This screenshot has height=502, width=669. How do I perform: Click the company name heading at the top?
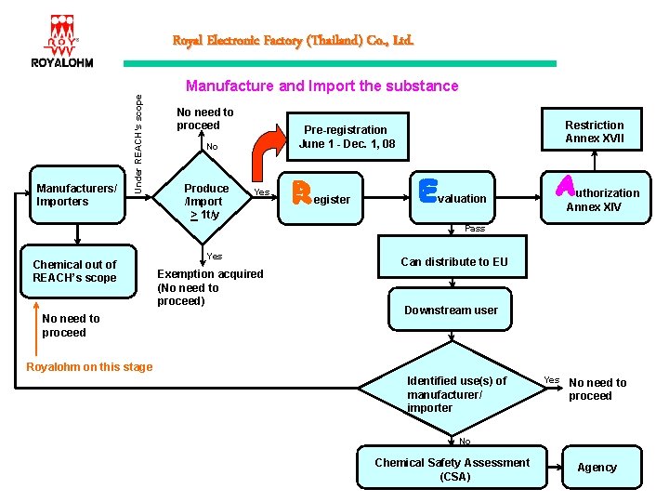tap(293, 41)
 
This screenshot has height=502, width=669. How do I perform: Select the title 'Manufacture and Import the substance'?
tap(321, 86)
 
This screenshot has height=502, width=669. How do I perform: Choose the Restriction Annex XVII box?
tap(595, 132)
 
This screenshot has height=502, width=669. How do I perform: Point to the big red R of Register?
tap(301, 192)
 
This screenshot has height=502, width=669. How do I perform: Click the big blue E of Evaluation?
tap(428, 192)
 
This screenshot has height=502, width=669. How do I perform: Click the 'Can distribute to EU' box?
tap(453, 261)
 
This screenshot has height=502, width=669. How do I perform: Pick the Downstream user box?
tap(451, 310)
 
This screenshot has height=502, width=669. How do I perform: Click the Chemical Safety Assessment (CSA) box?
tap(452, 469)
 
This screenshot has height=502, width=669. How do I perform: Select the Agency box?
tap(597, 468)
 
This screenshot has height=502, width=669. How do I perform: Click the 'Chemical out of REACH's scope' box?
tap(74, 271)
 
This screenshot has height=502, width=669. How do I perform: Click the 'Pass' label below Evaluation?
tap(475, 228)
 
